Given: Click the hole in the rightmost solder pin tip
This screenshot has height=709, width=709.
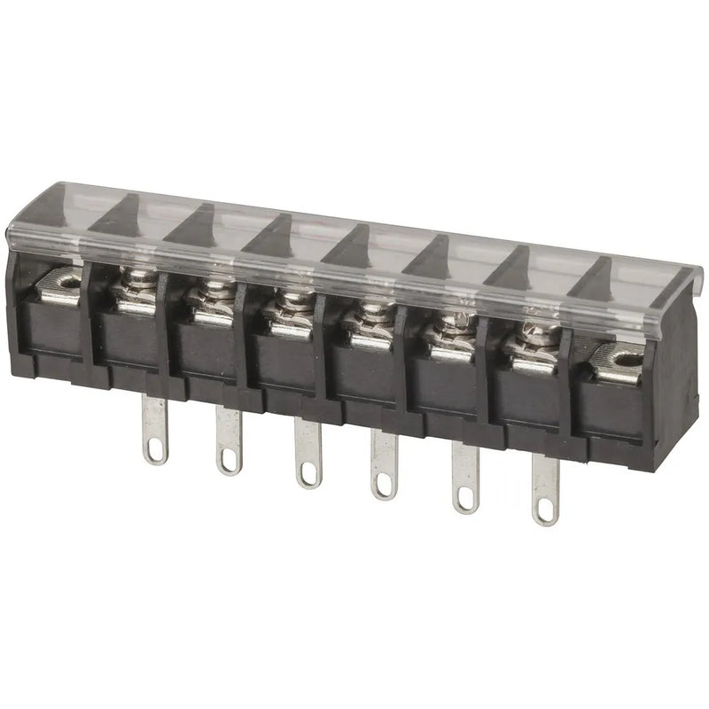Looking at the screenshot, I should (x=544, y=511).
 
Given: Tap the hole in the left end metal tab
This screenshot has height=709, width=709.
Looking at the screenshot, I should (x=65, y=284).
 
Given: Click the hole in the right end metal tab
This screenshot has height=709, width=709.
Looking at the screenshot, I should (x=627, y=361).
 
